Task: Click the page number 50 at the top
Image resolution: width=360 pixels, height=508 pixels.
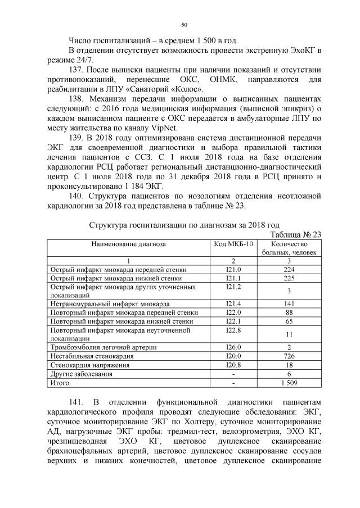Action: pyautogui.click(x=184, y=24)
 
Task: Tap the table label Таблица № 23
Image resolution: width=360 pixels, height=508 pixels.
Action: pyautogui.click(x=296, y=235)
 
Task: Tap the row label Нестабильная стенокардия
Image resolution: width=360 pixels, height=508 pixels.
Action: pyautogui.click(x=92, y=356)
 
